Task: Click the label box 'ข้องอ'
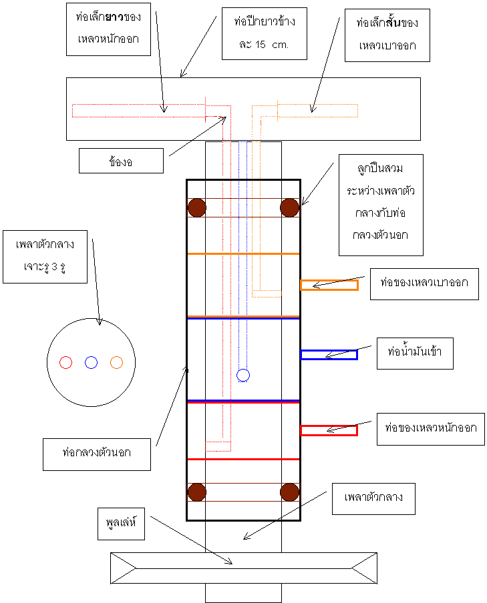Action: tap(121, 161)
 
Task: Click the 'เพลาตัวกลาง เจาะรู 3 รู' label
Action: tap(45, 256)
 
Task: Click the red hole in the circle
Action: tap(65, 362)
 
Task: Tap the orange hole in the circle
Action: tap(117, 362)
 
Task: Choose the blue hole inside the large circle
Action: tap(92, 362)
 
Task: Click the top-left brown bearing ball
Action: tap(197, 207)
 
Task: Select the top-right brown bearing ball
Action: tap(289, 207)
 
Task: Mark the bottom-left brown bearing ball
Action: tap(197, 492)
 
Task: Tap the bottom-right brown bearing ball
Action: tap(289, 492)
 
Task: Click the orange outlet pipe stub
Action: tap(329, 285)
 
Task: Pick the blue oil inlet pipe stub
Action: tap(329, 355)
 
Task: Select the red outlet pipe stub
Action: tap(329, 431)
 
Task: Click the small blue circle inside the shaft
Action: tap(243, 375)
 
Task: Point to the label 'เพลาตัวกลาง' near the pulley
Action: tap(373, 498)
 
